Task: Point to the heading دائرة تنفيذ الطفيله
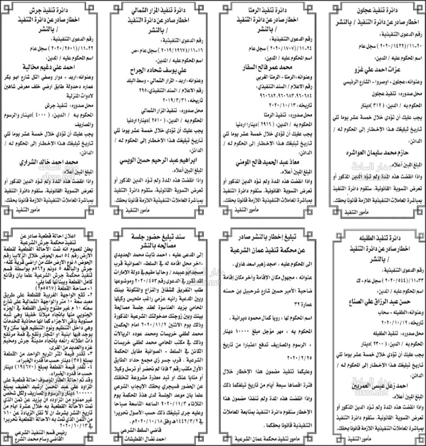point(377,235)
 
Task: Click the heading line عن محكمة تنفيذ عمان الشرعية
point(269,249)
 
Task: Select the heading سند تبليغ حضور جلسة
point(160,236)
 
